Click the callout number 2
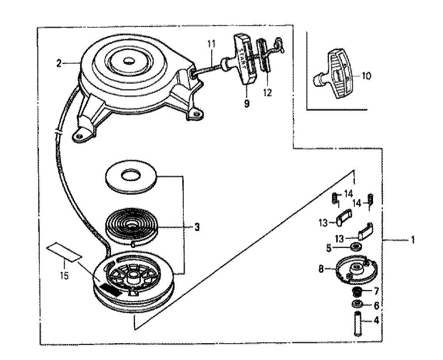pyautogui.click(x=59, y=64)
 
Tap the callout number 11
pyautogui.click(x=211, y=44)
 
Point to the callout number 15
pyautogui.click(x=65, y=275)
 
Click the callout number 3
pyautogui.click(x=197, y=227)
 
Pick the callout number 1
pyautogui.click(x=412, y=240)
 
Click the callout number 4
pyautogui.click(x=376, y=321)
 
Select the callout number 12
pyautogui.click(x=267, y=93)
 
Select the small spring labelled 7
pyautogui.click(x=357, y=291)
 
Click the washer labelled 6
pyautogui.click(x=358, y=305)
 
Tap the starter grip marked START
pyautogui.click(x=244, y=60)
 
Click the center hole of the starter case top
pyautogui.click(x=129, y=61)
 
